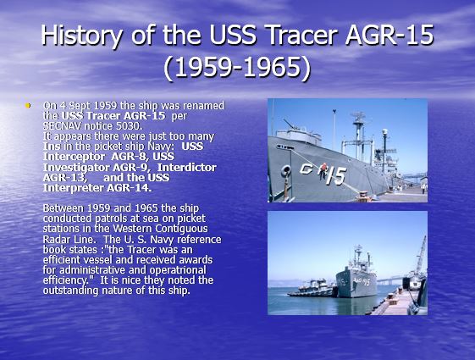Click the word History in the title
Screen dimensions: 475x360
coord(81,35)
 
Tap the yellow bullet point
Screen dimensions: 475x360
coord(28,105)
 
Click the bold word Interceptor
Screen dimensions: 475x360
coord(74,157)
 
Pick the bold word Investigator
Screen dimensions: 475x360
coord(77,167)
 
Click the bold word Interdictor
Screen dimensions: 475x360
coord(187,167)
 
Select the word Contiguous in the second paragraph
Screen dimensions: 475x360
coord(182,229)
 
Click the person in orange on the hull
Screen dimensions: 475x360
coord(323,169)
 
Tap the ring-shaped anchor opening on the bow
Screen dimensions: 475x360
coord(285,171)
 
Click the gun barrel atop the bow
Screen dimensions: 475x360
coord(290,125)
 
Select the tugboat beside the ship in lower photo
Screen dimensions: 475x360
coord(312,288)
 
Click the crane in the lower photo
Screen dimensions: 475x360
coord(420,256)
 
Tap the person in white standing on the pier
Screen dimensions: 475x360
coord(423,188)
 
